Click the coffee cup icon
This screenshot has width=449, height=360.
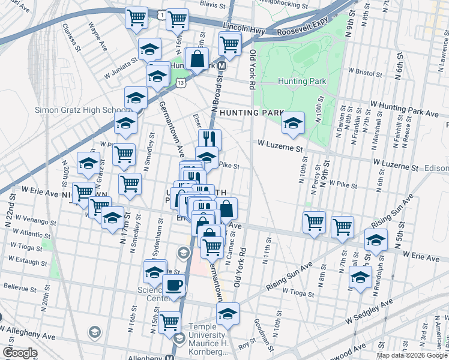[x=174, y=286]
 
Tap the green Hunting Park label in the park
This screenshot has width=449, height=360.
[x=302, y=81]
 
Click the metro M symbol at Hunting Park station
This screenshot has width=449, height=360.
[x=221, y=66]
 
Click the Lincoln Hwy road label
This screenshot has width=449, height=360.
[x=243, y=27]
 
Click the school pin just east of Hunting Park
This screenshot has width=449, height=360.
[x=293, y=123]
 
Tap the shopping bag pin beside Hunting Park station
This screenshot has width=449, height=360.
[x=197, y=59]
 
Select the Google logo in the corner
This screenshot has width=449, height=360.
[x=19, y=353]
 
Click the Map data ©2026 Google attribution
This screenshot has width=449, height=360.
[x=412, y=355]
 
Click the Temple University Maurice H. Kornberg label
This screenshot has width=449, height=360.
[x=208, y=335]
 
